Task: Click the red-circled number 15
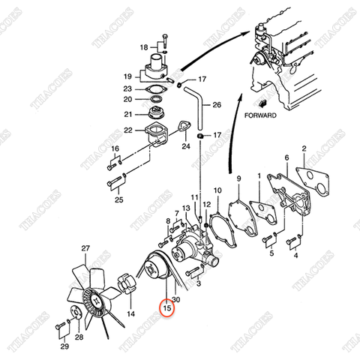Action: coord(167,307)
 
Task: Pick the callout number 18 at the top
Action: coord(144,47)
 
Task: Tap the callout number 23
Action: coord(127,88)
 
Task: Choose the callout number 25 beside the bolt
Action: coord(118,200)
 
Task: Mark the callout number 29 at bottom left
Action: coord(64,347)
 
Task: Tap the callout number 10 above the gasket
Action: coord(217,191)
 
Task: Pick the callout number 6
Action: coord(286,157)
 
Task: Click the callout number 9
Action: coord(238,178)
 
